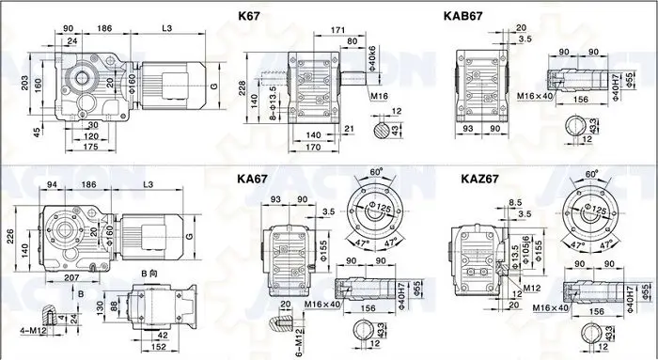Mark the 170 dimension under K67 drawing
312,148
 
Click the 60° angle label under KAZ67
589,175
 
